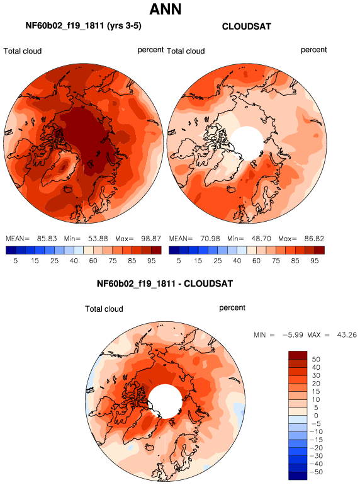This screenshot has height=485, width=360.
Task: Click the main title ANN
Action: point(166,9)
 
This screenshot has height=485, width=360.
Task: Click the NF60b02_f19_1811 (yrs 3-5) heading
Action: point(84,25)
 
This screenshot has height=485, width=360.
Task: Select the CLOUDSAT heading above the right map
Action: point(246,26)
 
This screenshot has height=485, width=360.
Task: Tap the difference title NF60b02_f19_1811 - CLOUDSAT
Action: point(165,283)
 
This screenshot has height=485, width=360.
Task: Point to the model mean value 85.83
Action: point(47,239)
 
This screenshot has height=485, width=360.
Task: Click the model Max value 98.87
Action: point(151,239)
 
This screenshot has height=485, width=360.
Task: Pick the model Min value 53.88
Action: point(98,239)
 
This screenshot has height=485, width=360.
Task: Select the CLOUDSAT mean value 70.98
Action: point(210,239)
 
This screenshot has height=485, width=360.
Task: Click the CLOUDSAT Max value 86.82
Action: point(314,239)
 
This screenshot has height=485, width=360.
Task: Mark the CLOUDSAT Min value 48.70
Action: point(261,239)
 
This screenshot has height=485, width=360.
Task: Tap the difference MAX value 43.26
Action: point(347,334)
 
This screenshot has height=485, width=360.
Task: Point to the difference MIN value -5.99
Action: point(293,334)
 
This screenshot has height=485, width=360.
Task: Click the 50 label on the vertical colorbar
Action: point(316,359)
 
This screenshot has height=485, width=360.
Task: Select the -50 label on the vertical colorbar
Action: point(316,472)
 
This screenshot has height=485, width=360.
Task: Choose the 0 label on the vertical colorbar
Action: point(316,416)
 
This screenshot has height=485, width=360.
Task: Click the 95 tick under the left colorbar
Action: point(152,261)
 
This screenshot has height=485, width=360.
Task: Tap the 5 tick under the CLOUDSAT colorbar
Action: point(179,261)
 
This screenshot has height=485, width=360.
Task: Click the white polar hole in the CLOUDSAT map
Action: point(247,143)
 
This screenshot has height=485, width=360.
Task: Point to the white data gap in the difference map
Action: point(165,401)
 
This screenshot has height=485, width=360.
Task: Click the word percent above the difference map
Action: point(232,308)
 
